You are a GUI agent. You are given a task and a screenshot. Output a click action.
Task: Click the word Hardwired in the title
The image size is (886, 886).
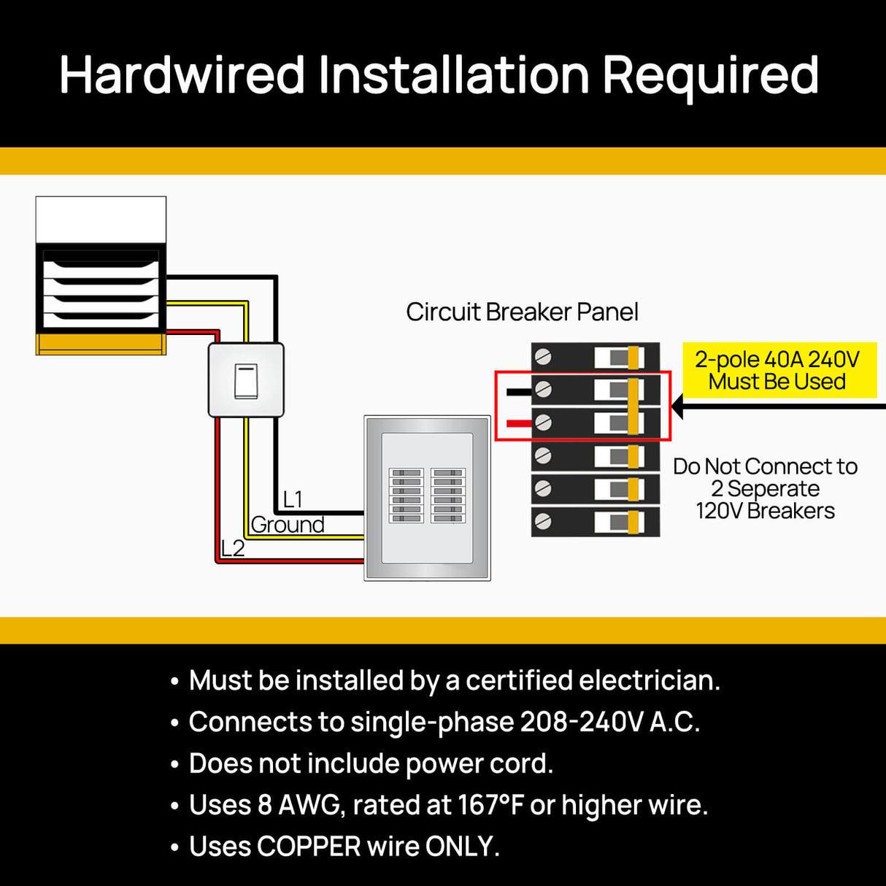(x=182, y=75)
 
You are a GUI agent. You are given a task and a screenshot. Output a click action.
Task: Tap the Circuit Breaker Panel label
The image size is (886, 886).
(x=522, y=312)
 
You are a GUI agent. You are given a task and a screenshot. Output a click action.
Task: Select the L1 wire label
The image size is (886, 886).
(x=293, y=499)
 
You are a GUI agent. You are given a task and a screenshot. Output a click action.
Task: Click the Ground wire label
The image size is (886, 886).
(x=288, y=525)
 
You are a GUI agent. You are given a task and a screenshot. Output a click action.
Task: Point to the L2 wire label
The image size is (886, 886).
(x=233, y=548)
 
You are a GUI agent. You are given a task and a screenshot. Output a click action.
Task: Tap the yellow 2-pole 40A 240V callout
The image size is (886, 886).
(x=777, y=371)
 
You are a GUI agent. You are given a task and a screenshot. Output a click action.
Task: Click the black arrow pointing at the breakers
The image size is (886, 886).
(x=774, y=407)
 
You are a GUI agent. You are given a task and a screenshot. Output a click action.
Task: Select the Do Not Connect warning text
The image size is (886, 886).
(x=765, y=488)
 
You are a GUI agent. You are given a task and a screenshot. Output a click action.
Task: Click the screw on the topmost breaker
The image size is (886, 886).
(x=543, y=357)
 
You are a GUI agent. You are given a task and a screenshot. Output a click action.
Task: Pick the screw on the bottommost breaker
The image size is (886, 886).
(x=543, y=521)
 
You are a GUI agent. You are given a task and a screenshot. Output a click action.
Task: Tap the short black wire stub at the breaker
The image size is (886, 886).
(x=519, y=391)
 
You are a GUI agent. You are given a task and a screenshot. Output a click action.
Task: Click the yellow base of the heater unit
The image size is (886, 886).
(x=101, y=344)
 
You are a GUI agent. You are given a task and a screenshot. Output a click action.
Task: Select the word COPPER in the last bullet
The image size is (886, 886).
(x=309, y=847)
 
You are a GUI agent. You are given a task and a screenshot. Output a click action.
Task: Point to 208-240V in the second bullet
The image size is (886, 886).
(x=582, y=722)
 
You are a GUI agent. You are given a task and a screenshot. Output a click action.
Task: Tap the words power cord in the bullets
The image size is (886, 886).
(x=479, y=763)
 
